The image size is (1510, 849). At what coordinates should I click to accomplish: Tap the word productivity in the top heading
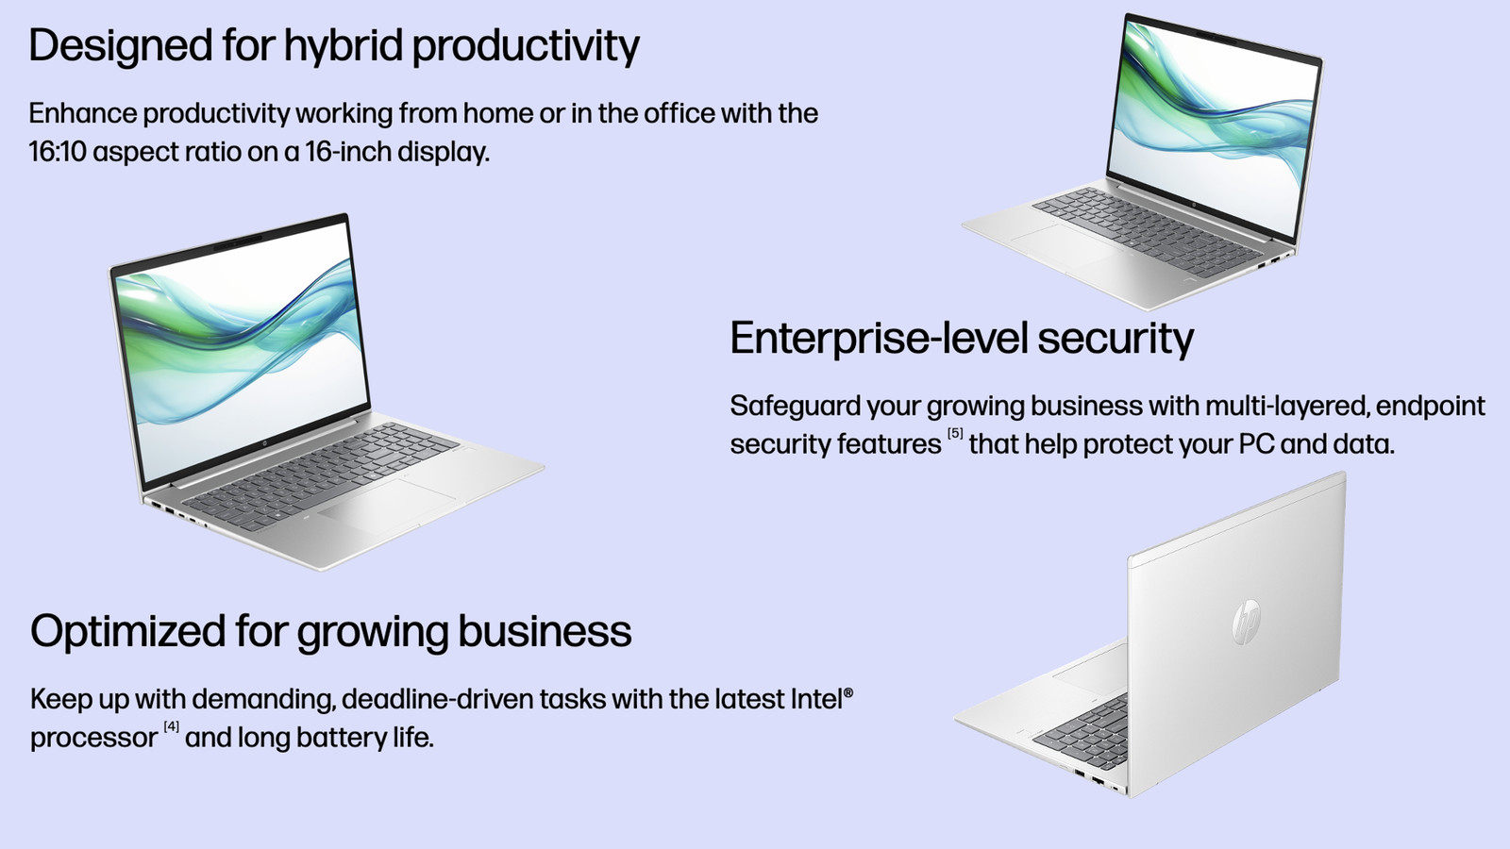526,46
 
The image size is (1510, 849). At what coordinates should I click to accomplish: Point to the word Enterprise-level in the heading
879,339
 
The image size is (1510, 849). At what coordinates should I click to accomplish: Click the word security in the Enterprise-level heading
1116,339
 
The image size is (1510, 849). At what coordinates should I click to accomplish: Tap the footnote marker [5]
955,433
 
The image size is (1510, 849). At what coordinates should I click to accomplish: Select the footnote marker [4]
171,726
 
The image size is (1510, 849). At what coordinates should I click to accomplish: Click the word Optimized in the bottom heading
128,632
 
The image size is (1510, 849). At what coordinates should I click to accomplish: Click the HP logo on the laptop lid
1246,622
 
